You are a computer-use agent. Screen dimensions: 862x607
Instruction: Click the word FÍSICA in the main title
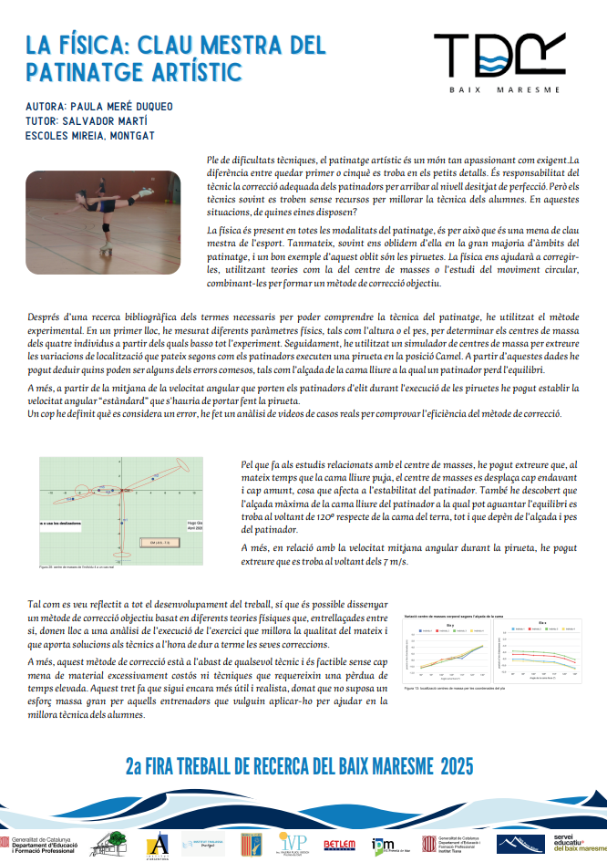(96, 44)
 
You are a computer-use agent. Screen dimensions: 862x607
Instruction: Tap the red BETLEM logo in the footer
(340, 845)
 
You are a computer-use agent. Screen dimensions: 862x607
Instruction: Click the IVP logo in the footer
(292, 843)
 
